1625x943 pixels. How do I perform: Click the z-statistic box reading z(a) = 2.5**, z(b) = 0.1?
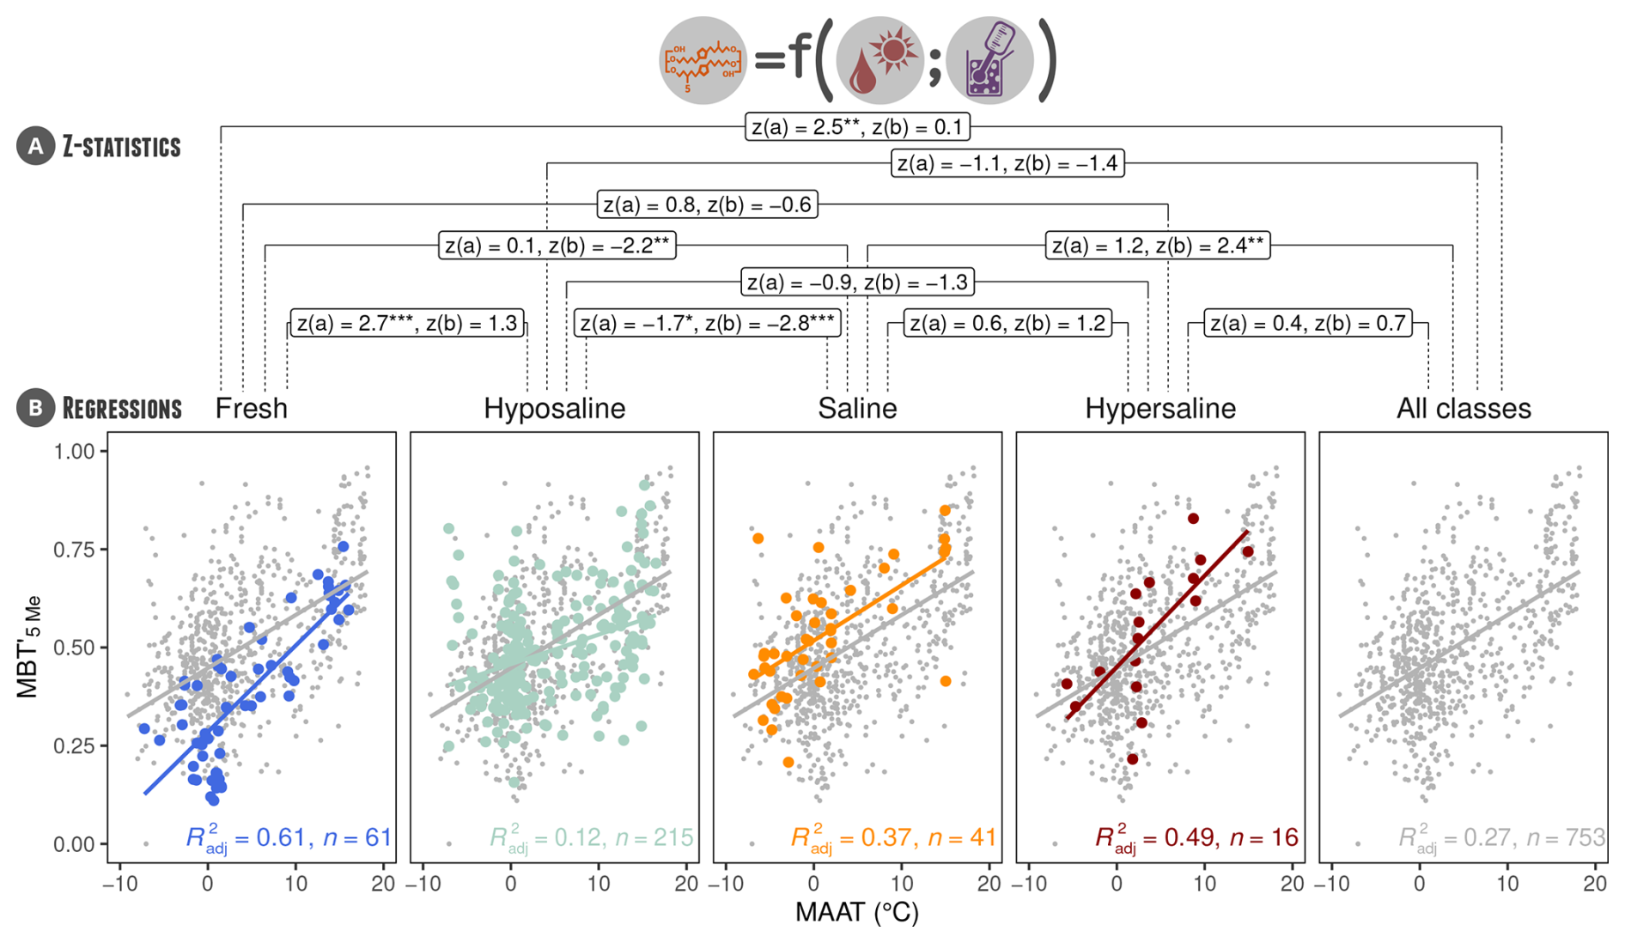pos(857,127)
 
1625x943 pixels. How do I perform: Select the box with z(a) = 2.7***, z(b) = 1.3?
pos(407,323)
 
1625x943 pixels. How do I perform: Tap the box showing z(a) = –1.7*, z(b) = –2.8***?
pos(707,323)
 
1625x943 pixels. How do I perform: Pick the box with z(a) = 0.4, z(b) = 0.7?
pos(1307,323)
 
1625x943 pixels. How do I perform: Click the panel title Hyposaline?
pos(554,408)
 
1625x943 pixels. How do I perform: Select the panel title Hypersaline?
pos(1159,408)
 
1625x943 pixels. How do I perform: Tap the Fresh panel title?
pos(251,408)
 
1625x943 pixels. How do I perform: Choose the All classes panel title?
pos(1464,408)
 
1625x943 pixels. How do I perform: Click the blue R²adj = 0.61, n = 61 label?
pos(289,837)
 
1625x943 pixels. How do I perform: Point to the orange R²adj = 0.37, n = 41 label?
pos(893,837)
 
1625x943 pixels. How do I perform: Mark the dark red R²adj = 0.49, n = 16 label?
pos(1196,837)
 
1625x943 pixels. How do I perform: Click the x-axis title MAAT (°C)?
pos(856,912)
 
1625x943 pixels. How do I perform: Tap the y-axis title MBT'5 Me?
pos(29,646)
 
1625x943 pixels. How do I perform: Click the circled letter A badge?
pos(35,147)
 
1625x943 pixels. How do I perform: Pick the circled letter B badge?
pos(35,408)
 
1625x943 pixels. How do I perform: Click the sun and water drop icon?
pos(879,61)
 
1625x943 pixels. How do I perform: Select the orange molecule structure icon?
pos(703,61)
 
